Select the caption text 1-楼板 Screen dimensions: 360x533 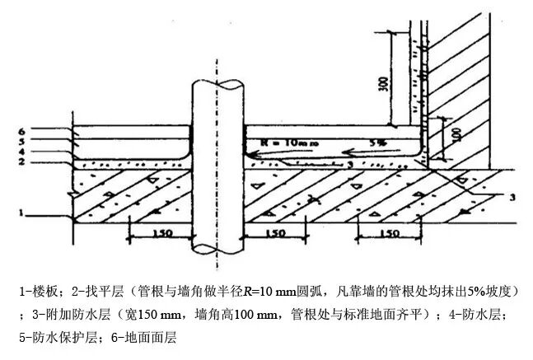click(39, 292)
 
